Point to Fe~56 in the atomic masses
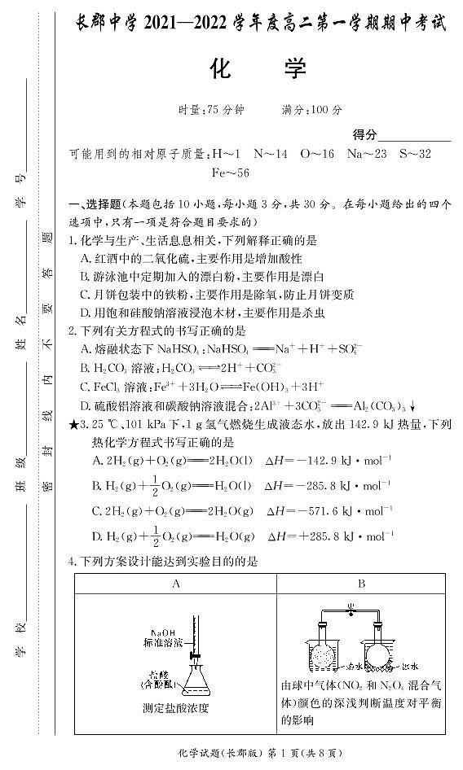(231, 173)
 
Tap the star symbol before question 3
(75, 424)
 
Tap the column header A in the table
(175, 584)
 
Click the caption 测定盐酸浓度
(175, 707)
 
